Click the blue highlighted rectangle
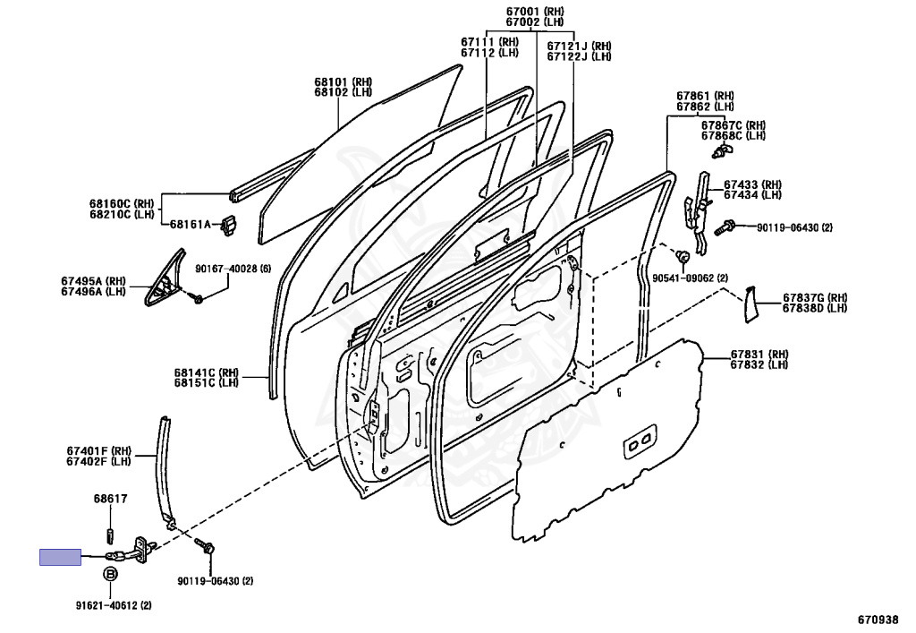(59, 557)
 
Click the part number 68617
(110, 500)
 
